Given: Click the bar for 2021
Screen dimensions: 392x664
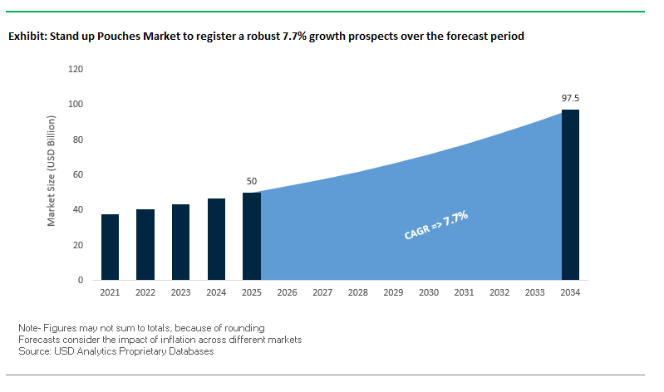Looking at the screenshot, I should coord(110,247).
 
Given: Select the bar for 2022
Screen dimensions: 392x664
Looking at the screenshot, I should coord(145,244).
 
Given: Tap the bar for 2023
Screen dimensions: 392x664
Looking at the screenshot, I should coord(180,242).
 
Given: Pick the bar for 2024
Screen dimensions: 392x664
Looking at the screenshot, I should coord(216,239).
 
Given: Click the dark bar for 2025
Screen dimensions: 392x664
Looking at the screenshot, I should coord(252,236).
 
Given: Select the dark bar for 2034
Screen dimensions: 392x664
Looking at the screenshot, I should coord(570,194).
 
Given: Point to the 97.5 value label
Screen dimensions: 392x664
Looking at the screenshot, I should coord(570,98).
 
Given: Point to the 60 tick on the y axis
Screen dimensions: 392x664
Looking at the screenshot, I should coord(77,174).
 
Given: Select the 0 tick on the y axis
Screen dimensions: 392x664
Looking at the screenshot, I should coord(81,281).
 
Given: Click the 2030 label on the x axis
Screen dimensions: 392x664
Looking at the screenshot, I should coord(429,293).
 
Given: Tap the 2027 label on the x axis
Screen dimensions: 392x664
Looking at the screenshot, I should coord(322,293).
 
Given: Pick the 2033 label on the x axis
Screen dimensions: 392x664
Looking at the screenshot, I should coord(534,293).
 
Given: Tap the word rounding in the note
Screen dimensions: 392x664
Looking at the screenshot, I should coord(244,328).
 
